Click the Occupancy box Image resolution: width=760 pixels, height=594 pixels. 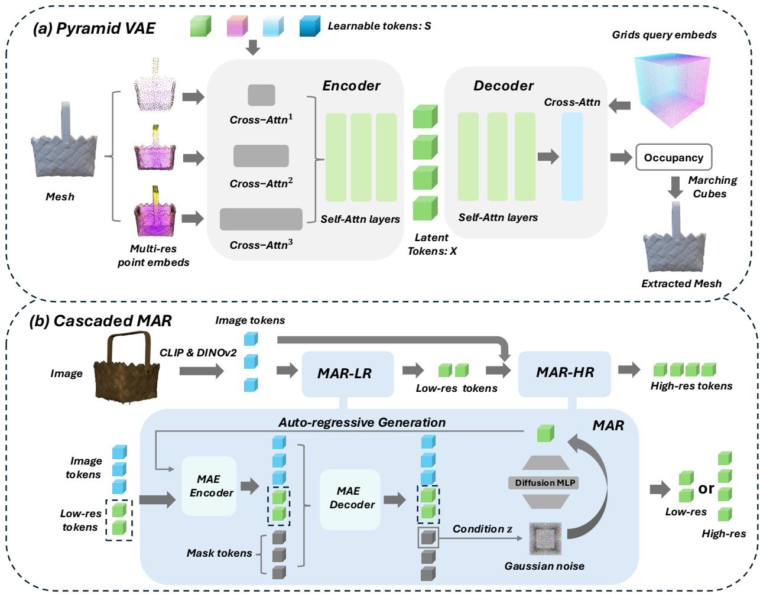[x=673, y=158]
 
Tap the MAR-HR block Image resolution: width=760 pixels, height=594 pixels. [x=564, y=373]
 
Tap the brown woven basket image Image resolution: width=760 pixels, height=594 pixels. [x=126, y=370]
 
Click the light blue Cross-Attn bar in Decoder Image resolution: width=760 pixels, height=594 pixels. [x=571, y=157]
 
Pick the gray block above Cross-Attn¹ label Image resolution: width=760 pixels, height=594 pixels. [x=261, y=95]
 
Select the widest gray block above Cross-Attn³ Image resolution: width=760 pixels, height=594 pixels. [x=261, y=219]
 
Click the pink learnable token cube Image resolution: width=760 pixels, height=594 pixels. [x=236, y=26]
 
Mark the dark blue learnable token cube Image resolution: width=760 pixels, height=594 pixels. [x=310, y=26]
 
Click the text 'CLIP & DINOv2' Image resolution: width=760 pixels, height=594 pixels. [x=198, y=353]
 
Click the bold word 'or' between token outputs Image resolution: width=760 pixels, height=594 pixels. [x=706, y=488]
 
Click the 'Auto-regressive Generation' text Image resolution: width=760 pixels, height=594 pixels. [x=362, y=422]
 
